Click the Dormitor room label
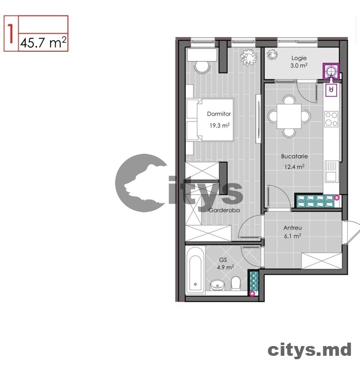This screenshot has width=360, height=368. [x=219, y=114]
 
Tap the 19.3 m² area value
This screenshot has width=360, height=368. [x=220, y=125]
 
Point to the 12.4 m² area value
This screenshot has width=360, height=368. [x=294, y=166]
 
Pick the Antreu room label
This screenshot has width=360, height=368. [x=293, y=227]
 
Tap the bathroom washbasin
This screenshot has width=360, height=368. [x=216, y=284]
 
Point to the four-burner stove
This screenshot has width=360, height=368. [x=332, y=119]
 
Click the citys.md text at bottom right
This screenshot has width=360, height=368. [x=309, y=349]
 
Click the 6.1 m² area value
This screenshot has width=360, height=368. [x=293, y=236]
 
